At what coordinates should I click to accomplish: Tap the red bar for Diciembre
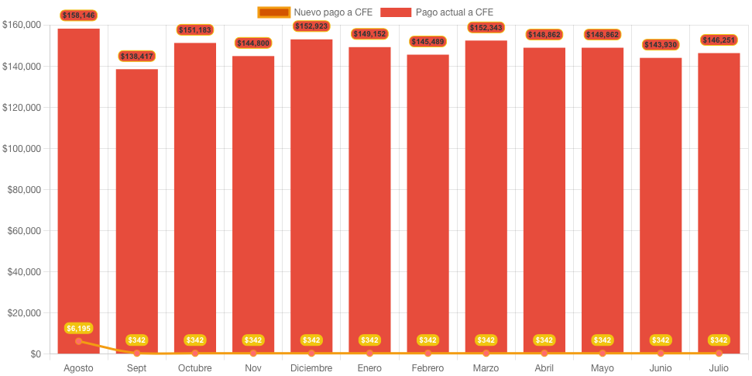311,194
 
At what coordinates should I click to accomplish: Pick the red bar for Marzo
486,194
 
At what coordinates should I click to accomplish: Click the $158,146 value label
78,15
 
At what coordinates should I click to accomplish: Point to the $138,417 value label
136,56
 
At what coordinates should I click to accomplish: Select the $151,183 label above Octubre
194,29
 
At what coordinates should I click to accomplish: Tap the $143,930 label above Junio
661,45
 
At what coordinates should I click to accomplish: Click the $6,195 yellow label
78,328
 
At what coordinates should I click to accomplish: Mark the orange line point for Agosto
78,341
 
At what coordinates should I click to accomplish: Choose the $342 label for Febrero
428,340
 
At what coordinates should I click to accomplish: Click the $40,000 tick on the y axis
24,272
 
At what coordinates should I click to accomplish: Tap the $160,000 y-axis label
22,26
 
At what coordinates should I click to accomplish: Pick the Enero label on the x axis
369,368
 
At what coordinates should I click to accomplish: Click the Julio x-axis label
719,368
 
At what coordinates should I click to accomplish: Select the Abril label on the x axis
544,368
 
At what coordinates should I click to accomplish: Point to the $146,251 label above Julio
719,40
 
